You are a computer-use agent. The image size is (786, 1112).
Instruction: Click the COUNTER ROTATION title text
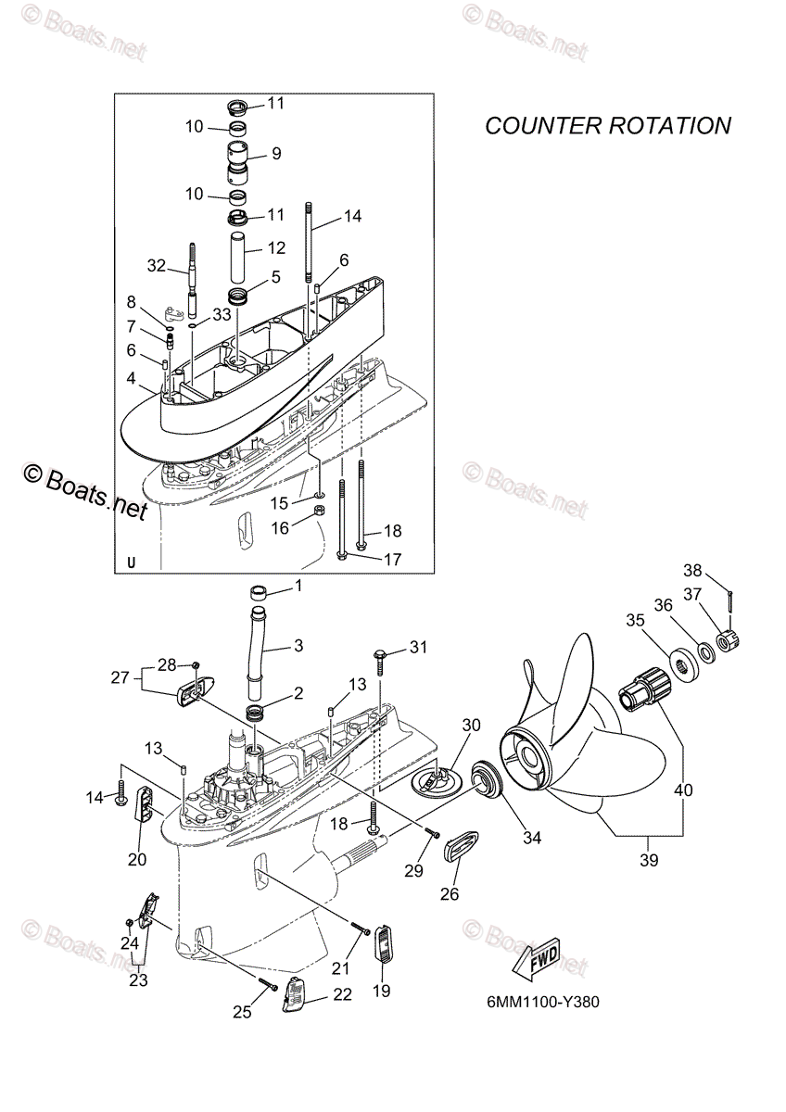tap(608, 125)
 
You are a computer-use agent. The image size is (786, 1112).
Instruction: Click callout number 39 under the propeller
tap(648, 860)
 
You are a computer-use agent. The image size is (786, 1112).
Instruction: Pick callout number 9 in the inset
tap(276, 154)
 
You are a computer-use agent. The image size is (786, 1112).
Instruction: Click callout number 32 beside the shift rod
tap(156, 266)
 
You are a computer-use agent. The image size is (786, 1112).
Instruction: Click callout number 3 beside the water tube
tap(298, 644)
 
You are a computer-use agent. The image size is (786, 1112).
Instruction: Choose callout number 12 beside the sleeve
tap(277, 248)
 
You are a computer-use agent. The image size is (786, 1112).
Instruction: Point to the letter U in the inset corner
tap(131, 562)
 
